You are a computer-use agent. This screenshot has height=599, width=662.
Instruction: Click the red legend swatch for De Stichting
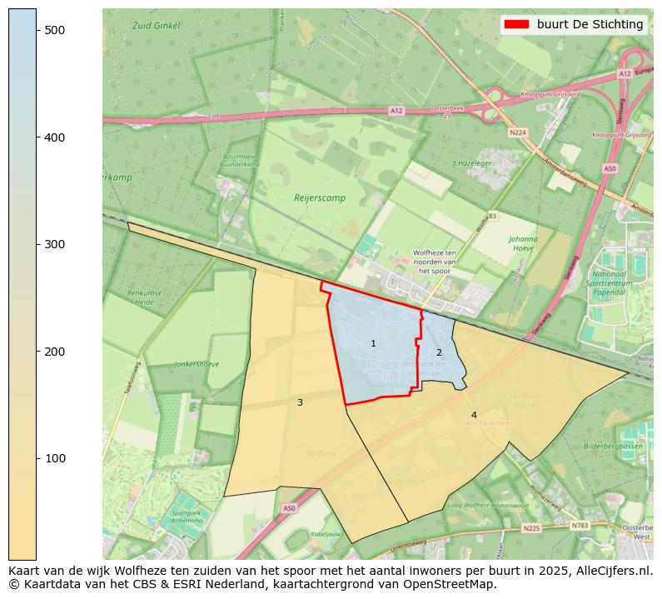517,25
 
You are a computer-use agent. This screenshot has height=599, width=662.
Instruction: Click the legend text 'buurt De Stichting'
590,25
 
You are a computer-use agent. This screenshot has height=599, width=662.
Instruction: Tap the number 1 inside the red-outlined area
373,343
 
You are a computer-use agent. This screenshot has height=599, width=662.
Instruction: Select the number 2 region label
439,352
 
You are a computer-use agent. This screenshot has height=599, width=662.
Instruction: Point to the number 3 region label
300,402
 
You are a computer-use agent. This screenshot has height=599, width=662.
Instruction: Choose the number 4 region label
474,415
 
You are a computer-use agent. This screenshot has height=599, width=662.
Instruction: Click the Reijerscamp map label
320,198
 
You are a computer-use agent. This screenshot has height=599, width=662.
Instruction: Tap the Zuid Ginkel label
156,26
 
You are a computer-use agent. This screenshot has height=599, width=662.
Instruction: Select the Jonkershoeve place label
197,364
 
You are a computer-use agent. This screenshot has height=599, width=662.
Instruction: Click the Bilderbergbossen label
613,447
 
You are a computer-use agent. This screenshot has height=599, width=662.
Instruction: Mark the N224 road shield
518,132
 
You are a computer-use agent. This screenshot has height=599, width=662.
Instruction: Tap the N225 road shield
531,528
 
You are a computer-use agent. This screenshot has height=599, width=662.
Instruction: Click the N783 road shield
580,525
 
